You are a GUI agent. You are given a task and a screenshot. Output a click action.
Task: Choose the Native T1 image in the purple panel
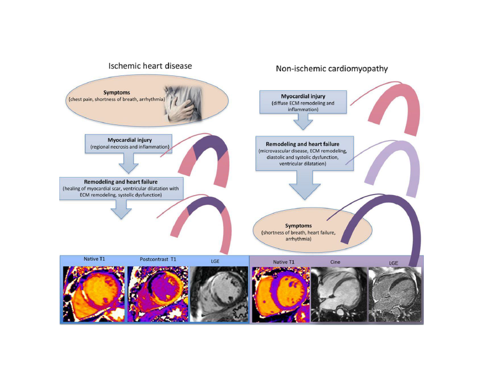click(281, 294)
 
